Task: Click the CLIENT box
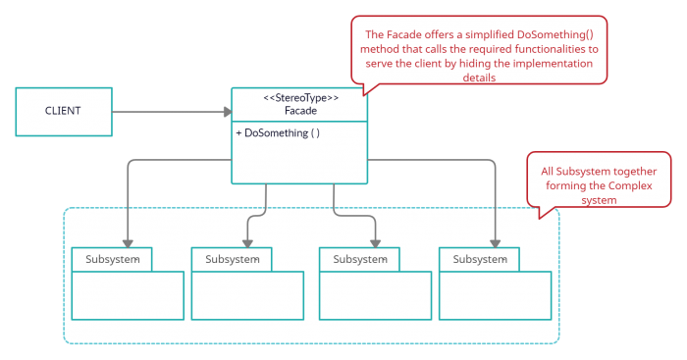tap(63, 111)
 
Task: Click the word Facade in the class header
tap(300, 112)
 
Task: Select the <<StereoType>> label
tap(300, 98)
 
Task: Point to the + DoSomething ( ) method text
tap(278, 132)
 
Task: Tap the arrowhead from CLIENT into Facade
tap(225, 111)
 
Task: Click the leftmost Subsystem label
tap(112, 259)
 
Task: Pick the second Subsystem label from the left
tap(232, 259)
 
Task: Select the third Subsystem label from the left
tap(359, 259)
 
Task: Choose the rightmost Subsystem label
tap(479, 259)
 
